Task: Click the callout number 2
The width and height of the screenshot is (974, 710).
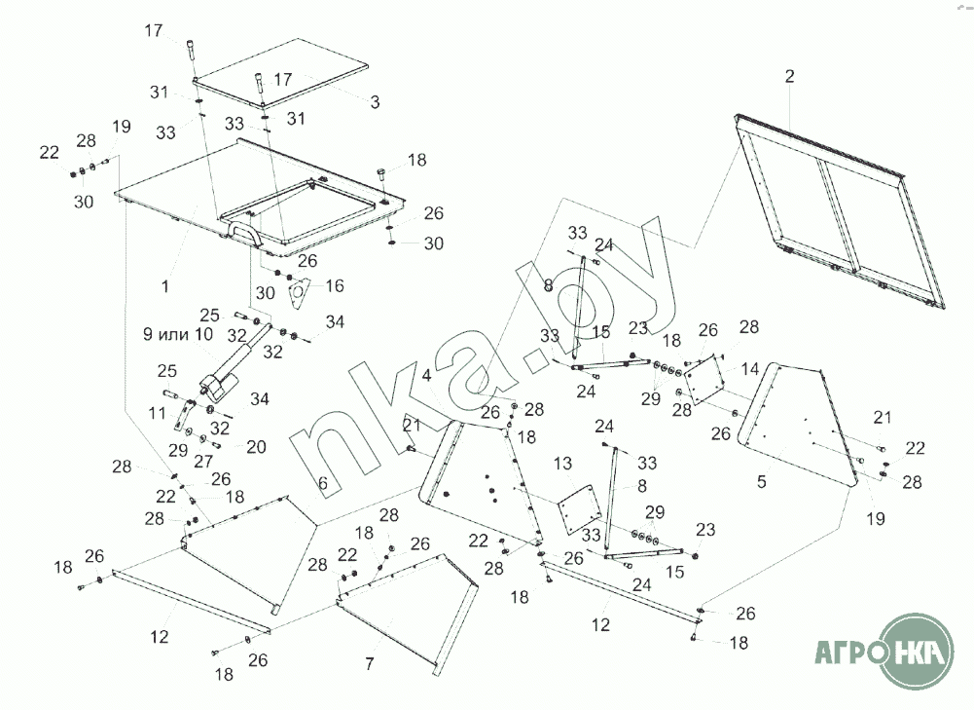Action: [x=789, y=76]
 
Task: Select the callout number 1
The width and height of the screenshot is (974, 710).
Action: [x=165, y=286]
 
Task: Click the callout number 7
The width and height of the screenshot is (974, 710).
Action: [x=369, y=663]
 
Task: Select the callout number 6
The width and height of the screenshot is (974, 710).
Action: [x=323, y=481]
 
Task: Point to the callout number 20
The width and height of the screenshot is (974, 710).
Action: [x=256, y=446]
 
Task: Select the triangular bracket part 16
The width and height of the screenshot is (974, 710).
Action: [x=299, y=290]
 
